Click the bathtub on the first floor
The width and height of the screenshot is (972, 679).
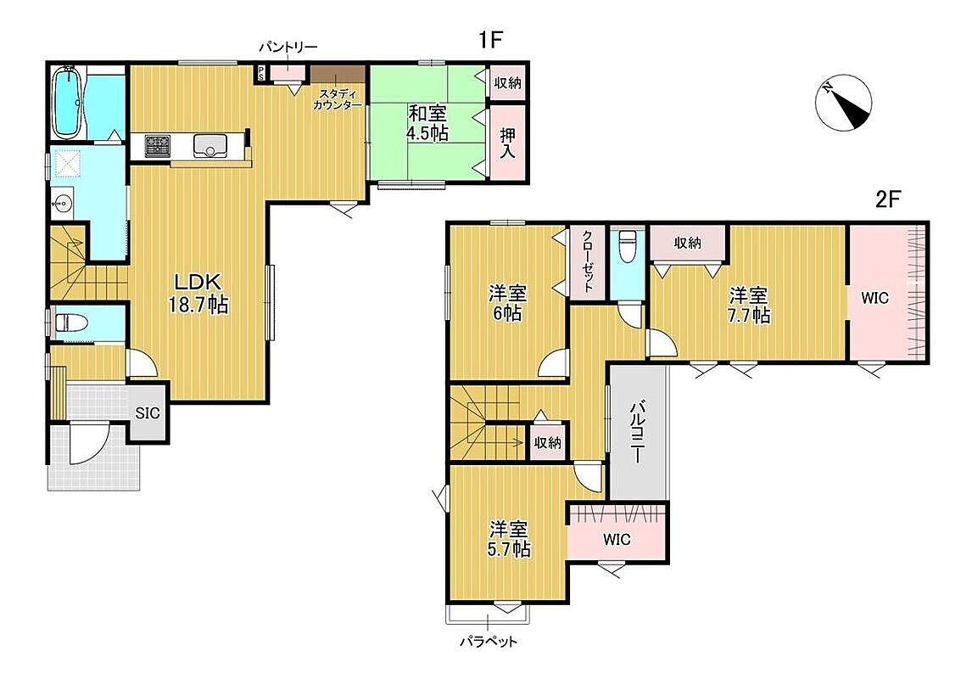66,103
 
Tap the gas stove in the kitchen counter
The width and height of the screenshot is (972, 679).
158,146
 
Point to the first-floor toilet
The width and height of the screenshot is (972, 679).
68,323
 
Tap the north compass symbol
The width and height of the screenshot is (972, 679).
843,103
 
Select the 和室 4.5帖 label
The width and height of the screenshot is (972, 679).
427,123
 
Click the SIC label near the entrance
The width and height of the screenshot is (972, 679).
148,413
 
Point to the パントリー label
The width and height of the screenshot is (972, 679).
288,48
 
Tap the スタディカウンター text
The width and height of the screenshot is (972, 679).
338,99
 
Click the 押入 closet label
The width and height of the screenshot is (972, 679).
508,143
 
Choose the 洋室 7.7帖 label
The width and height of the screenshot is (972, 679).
749,305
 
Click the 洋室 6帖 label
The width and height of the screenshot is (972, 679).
507,303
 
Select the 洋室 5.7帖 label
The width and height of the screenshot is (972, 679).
508,539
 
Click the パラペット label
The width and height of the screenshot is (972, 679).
489,642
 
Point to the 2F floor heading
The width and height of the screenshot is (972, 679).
887,199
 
